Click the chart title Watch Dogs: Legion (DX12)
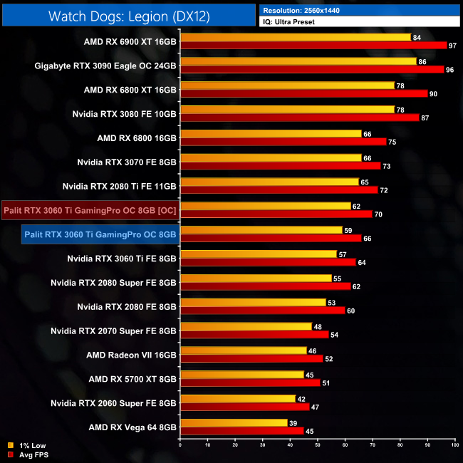click(129, 16)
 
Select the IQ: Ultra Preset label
click(292, 22)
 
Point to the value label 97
click(452, 45)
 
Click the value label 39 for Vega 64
click(293, 423)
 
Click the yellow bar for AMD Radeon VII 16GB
click(243, 350)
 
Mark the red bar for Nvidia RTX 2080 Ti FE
click(279, 190)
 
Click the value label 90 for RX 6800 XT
click(433, 93)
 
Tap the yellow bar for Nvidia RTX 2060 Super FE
click(237, 399)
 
